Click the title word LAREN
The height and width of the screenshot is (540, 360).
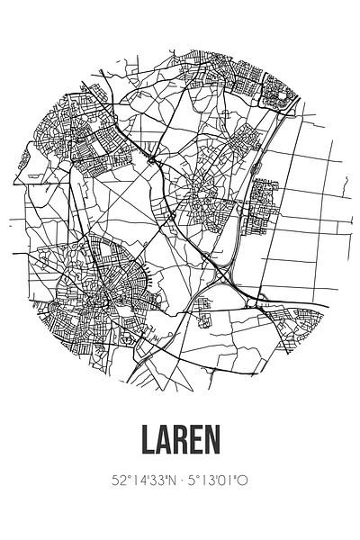point(180,468)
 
